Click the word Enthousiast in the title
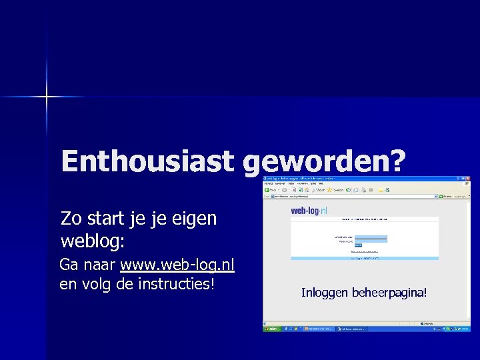coord(149,162)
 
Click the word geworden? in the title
coord(325,162)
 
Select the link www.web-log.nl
coord(177,265)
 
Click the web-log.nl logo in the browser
coord(309,211)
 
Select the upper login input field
coord(371,236)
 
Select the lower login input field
coord(371,241)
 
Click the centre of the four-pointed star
coord(47,97)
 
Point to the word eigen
coord(197,219)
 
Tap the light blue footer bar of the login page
coord(365,257)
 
